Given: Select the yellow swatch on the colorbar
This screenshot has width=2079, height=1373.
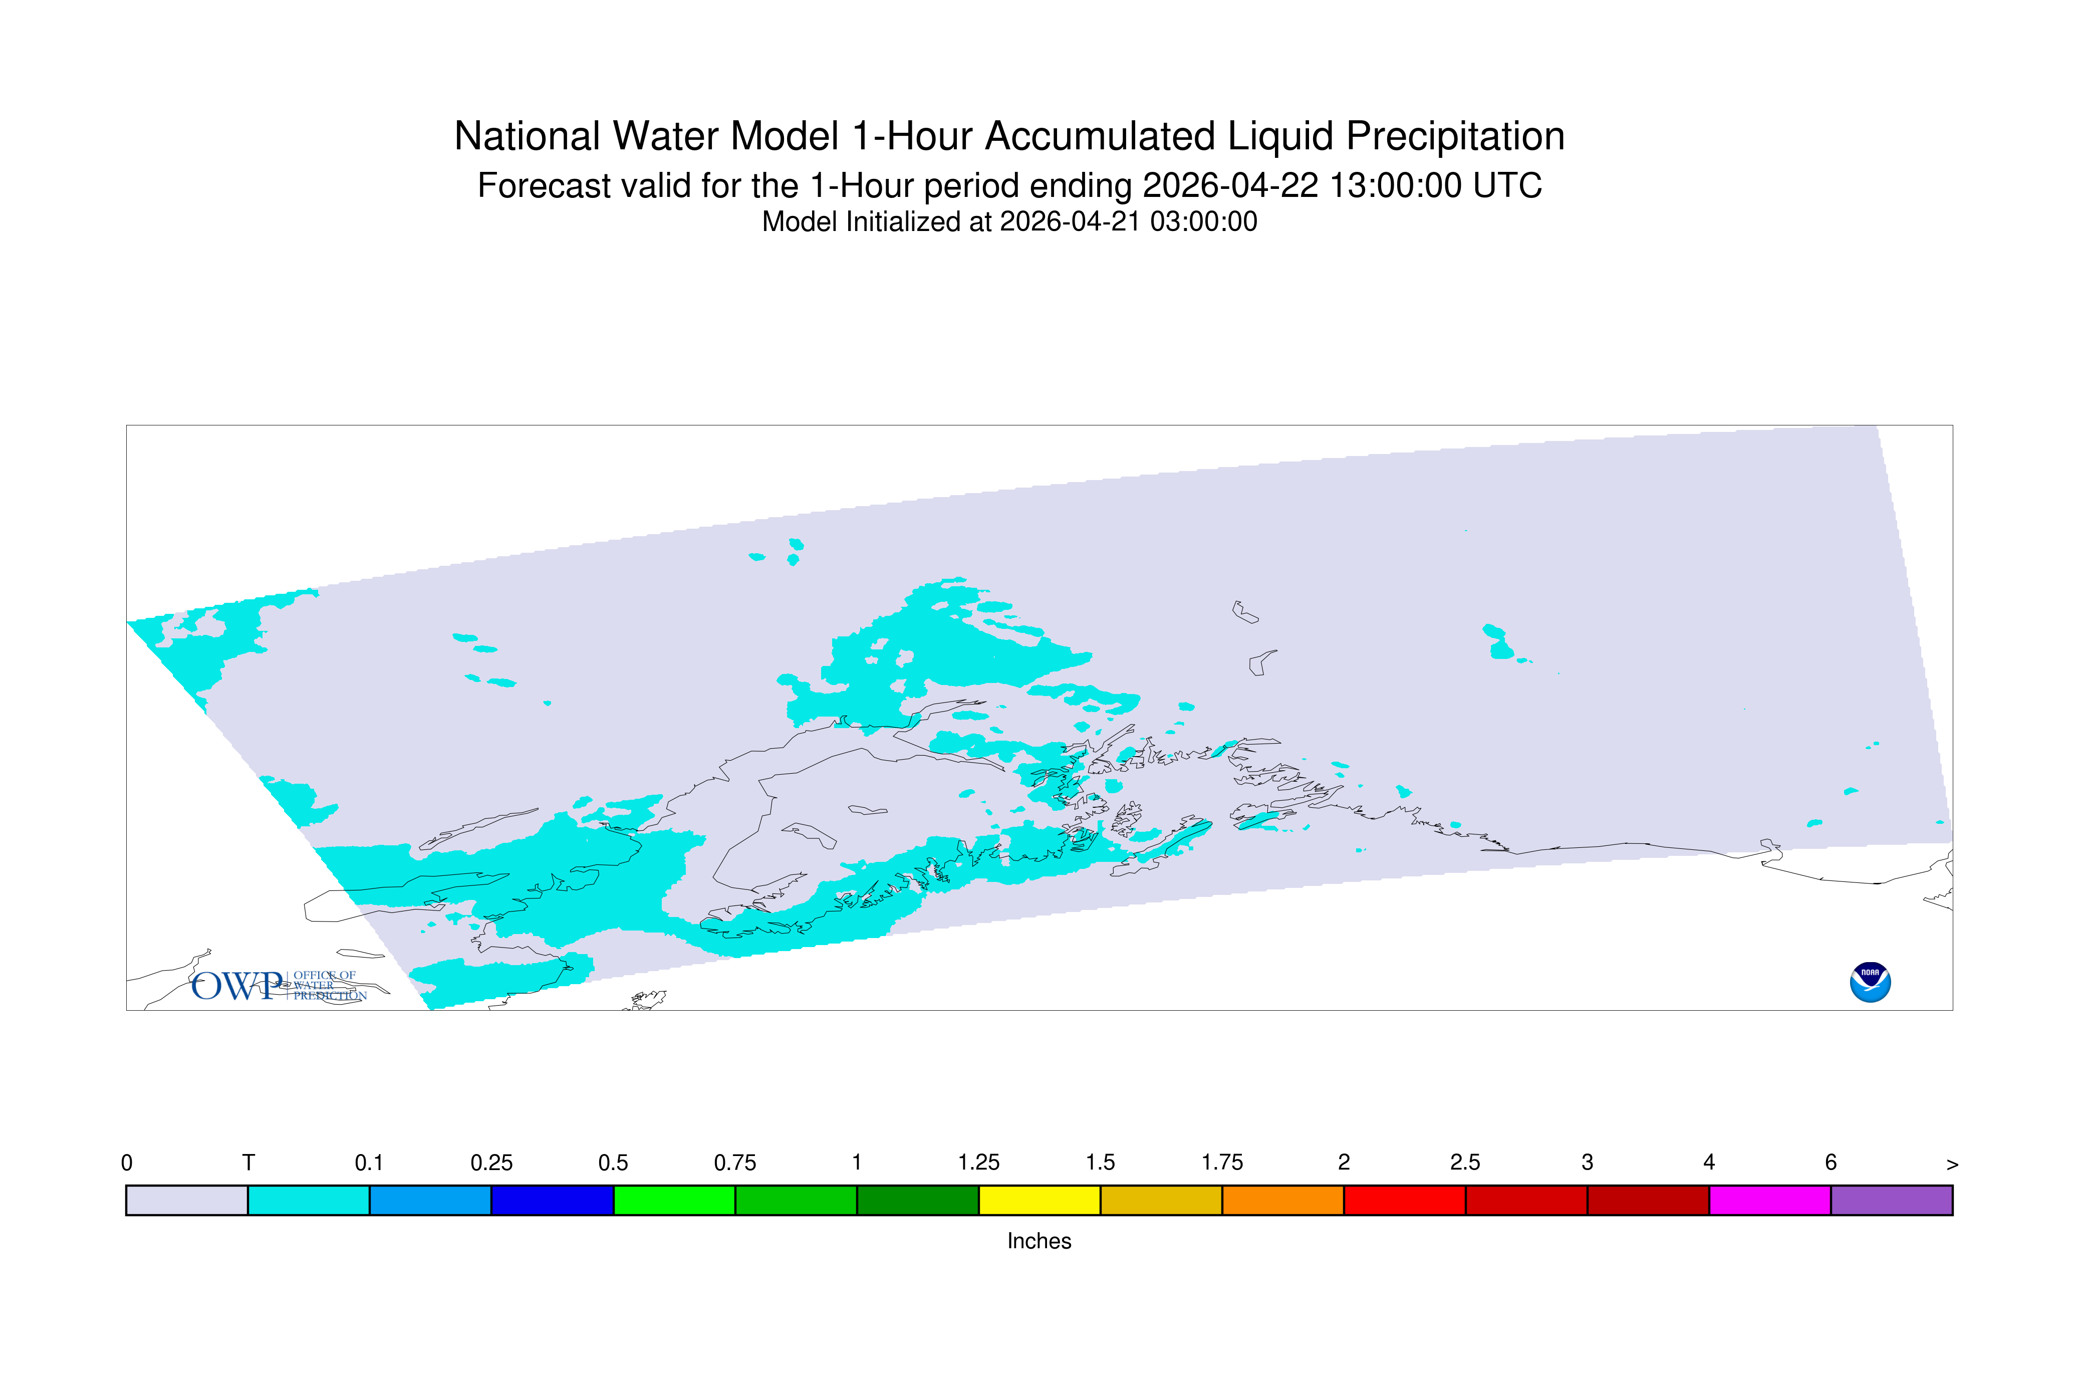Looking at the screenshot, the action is [x=1039, y=1201].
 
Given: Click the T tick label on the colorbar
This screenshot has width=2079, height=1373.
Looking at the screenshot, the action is [x=248, y=1163].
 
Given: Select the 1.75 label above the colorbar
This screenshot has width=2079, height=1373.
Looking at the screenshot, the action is [x=1222, y=1163].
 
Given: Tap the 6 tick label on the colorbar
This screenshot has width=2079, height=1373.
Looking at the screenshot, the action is [x=1831, y=1163].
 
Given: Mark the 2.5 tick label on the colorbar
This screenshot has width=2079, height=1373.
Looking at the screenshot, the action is [x=1465, y=1163].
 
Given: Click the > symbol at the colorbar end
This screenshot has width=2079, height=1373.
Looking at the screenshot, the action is [x=1952, y=1165].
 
